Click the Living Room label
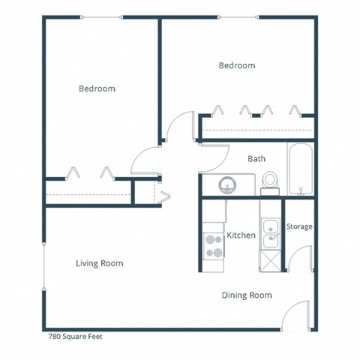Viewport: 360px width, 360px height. [99, 263]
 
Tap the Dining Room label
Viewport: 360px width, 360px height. [247, 295]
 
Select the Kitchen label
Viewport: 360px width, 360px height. [241, 235]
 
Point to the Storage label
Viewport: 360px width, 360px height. [299, 226]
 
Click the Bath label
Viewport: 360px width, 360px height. [256, 159]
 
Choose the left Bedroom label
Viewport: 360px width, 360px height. [97, 88]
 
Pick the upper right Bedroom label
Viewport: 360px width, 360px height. [237, 65]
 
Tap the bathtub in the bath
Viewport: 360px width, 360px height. [300, 169]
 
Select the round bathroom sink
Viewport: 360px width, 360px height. [227, 183]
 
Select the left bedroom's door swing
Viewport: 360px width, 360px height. [145, 160]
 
